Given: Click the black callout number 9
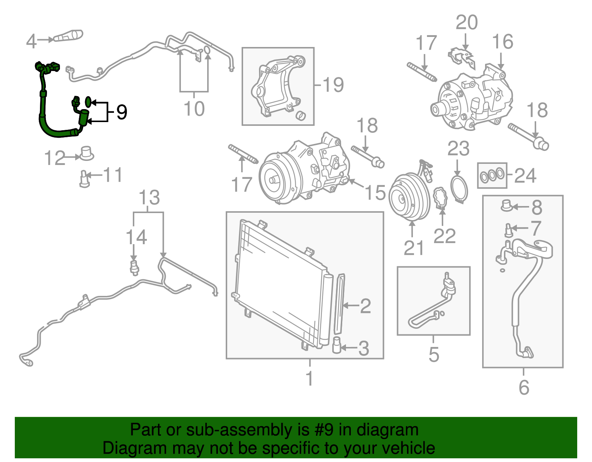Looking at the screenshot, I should pyautogui.click(x=122, y=112).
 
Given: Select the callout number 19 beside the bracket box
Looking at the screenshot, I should pyautogui.click(x=333, y=85).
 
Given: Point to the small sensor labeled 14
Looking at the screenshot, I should pyautogui.click(x=134, y=267).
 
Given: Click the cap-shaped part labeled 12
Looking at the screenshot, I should pyautogui.click(x=87, y=153).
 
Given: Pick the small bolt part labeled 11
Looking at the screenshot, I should pyautogui.click(x=84, y=179).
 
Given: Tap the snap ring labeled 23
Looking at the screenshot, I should pyautogui.click(x=459, y=189).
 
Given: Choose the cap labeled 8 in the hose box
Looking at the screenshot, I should pyautogui.click(x=506, y=205).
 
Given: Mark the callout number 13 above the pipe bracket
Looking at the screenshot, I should pyautogui.click(x=149, y=198).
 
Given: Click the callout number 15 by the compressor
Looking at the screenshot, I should pyautogui.click(x=375, y=193).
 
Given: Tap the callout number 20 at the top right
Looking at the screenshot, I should pyautogui.click(x=466, y=23).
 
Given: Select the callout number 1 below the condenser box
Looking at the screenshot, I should pyautogui.click(x=309, y=378).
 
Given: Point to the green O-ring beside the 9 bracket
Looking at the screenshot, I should pyautogui.click(x=88, y=101).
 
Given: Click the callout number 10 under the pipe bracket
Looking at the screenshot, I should pyautogui.click(x=194, y=108).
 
